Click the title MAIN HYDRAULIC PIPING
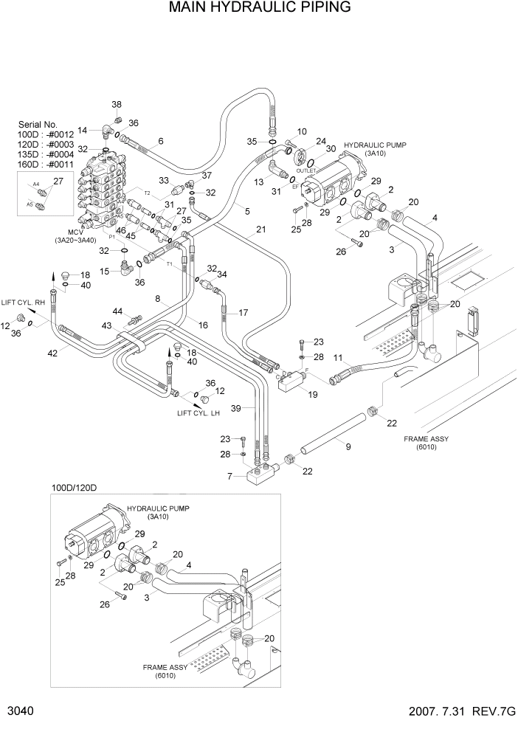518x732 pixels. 259,8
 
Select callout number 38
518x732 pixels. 117,104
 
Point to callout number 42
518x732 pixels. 52,353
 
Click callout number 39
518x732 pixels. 236,408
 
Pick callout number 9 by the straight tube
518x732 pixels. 348,446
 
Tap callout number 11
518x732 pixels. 339,358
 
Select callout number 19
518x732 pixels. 313,395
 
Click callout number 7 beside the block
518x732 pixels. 230,476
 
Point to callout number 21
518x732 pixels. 260,229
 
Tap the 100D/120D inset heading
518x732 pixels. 75,488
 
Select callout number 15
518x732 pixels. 104,272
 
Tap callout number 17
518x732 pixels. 244,312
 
